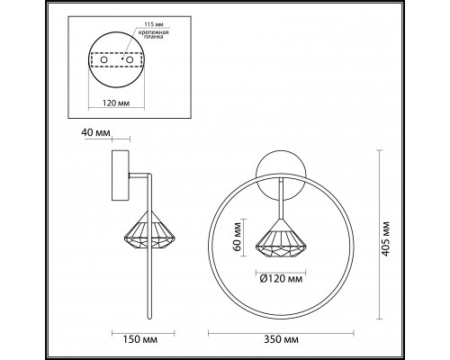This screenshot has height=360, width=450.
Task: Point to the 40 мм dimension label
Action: [x=95, y=134]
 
